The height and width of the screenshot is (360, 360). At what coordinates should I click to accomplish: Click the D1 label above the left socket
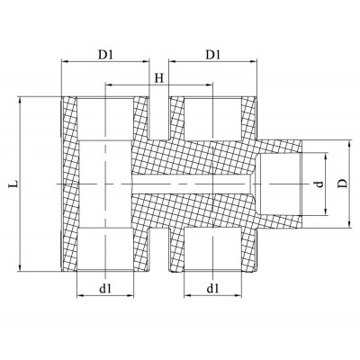coord(104,55)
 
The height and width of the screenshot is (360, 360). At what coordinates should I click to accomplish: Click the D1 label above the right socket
coord(212,55)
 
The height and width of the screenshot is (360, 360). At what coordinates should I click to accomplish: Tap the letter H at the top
coord(158,77)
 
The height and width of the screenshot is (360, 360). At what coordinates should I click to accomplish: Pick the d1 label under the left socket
coord(105,289)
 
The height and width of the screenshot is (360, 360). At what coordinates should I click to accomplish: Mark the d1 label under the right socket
coord(212,289)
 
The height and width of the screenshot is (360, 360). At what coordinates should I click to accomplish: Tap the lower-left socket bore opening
coord(105,250)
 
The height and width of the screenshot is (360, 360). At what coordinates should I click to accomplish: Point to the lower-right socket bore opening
coord(212,250)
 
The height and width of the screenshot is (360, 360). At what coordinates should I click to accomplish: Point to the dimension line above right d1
coord(212,297)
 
